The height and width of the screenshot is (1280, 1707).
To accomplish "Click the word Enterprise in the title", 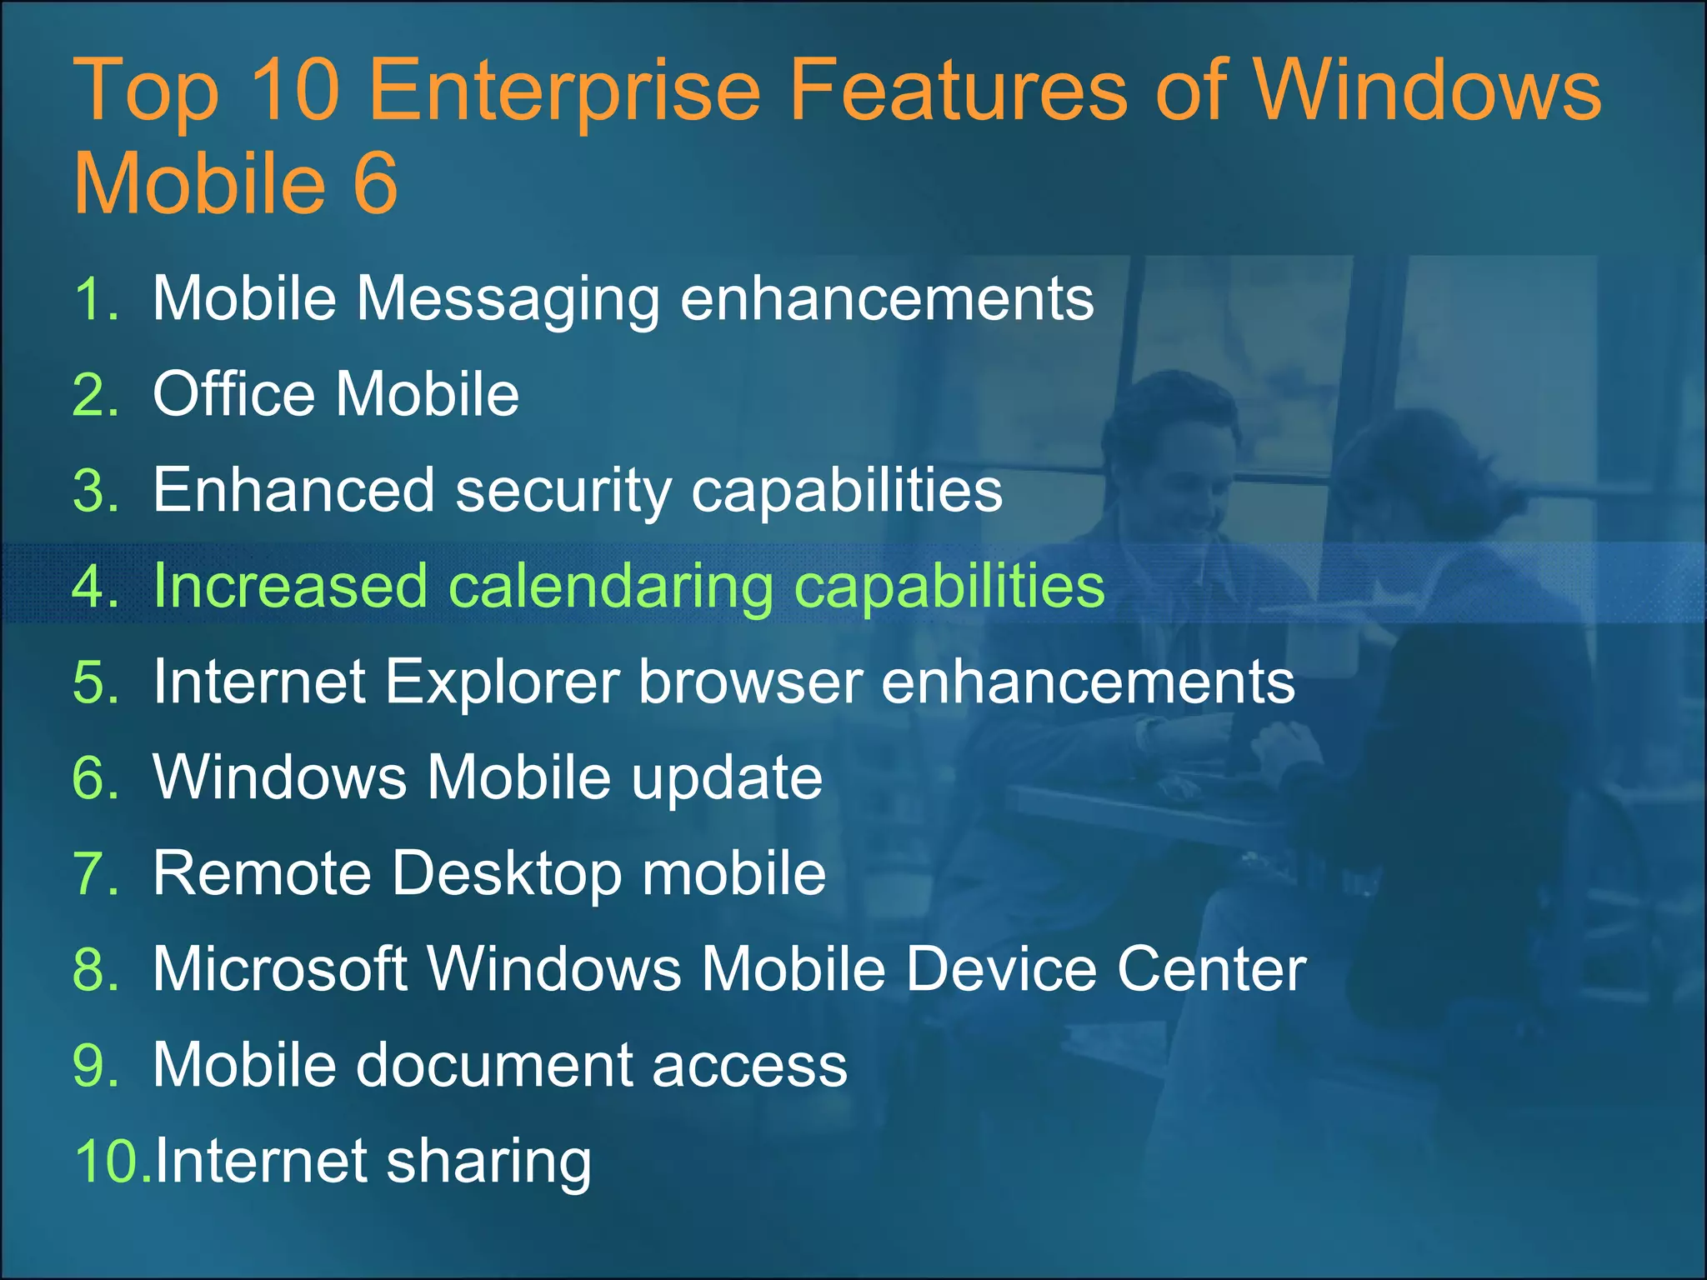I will [564, 92].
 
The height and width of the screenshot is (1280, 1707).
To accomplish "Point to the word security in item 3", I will [563, 492].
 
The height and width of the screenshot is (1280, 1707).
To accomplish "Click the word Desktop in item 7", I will [507, 874].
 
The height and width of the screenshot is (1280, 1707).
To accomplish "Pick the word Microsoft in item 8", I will [280, 970].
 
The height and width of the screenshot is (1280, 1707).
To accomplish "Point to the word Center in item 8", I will [1211, 970].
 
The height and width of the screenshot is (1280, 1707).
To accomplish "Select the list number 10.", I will [108, 1161].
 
